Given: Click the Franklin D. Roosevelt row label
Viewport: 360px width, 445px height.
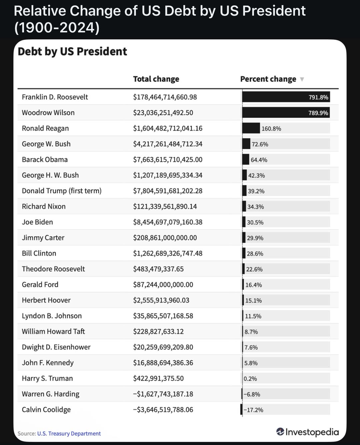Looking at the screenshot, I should [55, 97].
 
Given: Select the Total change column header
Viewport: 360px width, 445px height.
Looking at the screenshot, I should [156, 79].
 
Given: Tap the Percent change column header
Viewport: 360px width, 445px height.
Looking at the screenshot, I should [268, 79].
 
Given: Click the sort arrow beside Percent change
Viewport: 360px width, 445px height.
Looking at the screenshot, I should [302, 79].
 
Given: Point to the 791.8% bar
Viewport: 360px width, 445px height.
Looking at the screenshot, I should [286, 97].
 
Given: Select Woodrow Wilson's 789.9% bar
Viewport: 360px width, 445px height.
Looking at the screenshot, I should [286, 113].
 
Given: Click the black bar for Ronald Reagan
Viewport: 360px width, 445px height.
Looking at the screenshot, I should [251, 128].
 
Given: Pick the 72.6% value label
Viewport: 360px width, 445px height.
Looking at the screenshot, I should [260, 144].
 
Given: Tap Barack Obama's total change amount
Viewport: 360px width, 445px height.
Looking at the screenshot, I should [168, 159].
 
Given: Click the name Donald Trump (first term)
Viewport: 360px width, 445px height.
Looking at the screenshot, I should [62, 191].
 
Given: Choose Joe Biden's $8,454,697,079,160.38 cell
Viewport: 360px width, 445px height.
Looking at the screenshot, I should [168, 222].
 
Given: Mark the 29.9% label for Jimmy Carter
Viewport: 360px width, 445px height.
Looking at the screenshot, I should [255, 238].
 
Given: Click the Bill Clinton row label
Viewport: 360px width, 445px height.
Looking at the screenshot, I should [39, 253].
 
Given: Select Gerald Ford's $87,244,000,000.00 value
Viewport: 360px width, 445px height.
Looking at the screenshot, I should [163, 285].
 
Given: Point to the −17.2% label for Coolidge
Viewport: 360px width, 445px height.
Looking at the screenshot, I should [253, 410].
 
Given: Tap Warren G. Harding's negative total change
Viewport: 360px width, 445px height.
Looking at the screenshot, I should [163, 394].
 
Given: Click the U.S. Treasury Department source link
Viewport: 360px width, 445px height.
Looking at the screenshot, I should [69, 434].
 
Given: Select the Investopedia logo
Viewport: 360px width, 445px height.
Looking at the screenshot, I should [307, 432].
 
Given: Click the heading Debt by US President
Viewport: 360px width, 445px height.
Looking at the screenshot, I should [72, 52].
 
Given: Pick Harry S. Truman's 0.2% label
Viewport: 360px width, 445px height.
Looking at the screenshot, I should [250, 379].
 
